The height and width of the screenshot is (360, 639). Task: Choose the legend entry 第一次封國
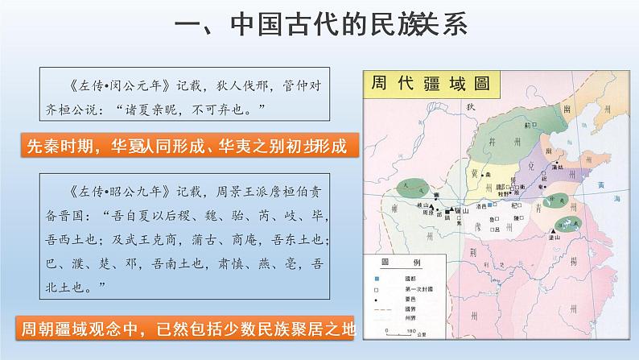click(x=423, y=290)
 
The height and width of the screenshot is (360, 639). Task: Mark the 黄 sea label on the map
click(x=600, y=185)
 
